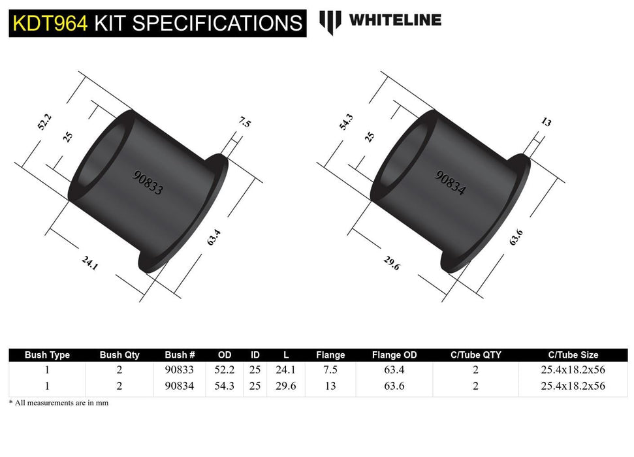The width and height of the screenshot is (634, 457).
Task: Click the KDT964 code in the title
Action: tap(50, 23)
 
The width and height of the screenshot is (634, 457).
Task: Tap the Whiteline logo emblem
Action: tap(330, 22)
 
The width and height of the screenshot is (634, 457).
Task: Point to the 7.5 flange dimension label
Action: tap(244, 122)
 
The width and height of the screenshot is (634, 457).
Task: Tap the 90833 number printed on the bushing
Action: tap(148, 182)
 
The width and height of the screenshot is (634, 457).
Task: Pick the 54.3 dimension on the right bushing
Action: tap(346, 122)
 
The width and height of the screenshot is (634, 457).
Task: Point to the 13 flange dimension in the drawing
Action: tap(546, 122)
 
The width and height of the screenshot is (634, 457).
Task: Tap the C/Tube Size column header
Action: tap(573, 355)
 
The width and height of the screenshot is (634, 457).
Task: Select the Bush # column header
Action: tap(180, 355)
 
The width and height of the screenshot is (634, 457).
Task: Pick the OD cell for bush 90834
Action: tap(224, 386)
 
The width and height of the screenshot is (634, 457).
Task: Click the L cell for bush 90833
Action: tap(286, 370)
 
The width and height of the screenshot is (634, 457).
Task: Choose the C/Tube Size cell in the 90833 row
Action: tap(573, 370)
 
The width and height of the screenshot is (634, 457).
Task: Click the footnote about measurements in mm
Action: tap(59, 403)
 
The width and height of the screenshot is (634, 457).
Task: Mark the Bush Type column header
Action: tap(47, 355)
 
